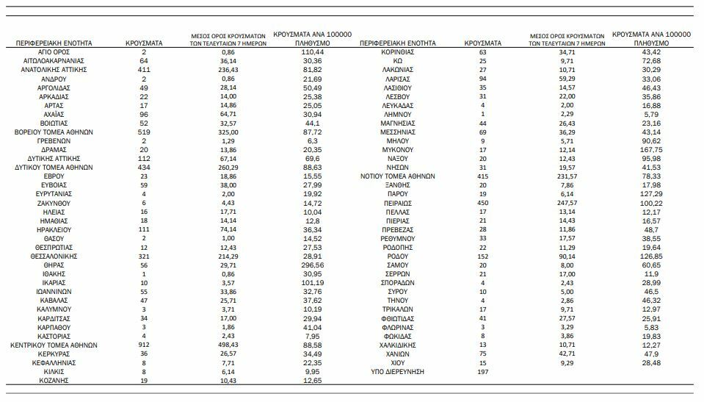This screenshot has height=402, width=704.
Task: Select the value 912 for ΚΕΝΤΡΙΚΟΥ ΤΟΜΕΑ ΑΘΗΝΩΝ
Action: pos(145,345)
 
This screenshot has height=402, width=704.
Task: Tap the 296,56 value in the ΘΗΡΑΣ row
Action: pos(313,265)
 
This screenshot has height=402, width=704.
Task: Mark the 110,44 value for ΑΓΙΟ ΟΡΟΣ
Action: pos(313,53)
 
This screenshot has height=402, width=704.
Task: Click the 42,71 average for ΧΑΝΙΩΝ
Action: pos(566,354)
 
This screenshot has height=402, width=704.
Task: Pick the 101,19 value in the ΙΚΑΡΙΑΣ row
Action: pos(313,283)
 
